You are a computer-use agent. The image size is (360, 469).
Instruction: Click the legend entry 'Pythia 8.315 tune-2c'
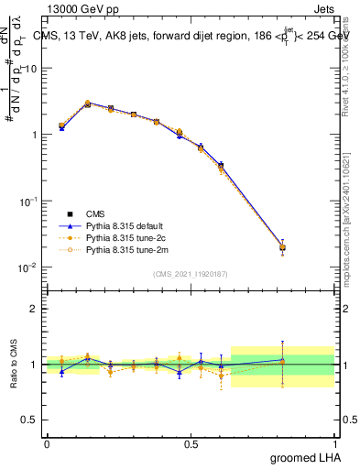128,236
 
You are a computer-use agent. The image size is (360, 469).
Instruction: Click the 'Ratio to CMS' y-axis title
13,364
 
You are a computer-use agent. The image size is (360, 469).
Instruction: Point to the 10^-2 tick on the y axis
30,267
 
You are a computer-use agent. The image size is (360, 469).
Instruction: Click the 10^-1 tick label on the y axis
30,201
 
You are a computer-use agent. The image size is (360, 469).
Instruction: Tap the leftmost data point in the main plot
61,126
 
